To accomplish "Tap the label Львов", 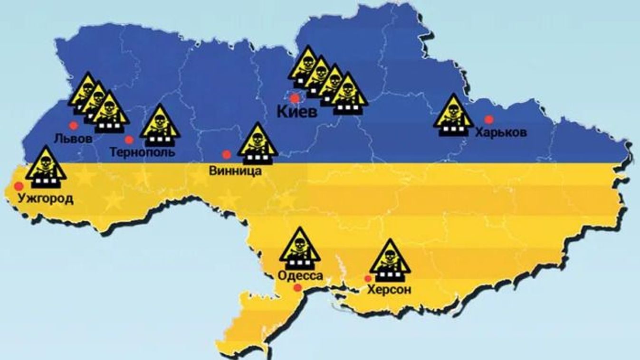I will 73,139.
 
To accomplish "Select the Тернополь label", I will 142,152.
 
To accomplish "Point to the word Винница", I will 235,171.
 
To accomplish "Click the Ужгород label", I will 46,198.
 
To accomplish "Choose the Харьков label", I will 501,133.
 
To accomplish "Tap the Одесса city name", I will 300,276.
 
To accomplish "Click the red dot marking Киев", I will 295,98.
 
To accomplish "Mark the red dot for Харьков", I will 488,119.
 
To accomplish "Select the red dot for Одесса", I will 298,288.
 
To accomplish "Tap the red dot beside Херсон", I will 367,278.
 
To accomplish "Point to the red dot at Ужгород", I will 19,186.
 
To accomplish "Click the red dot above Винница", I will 227,154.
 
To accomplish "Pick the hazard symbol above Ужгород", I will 46,166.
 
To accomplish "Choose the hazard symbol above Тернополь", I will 160,125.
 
